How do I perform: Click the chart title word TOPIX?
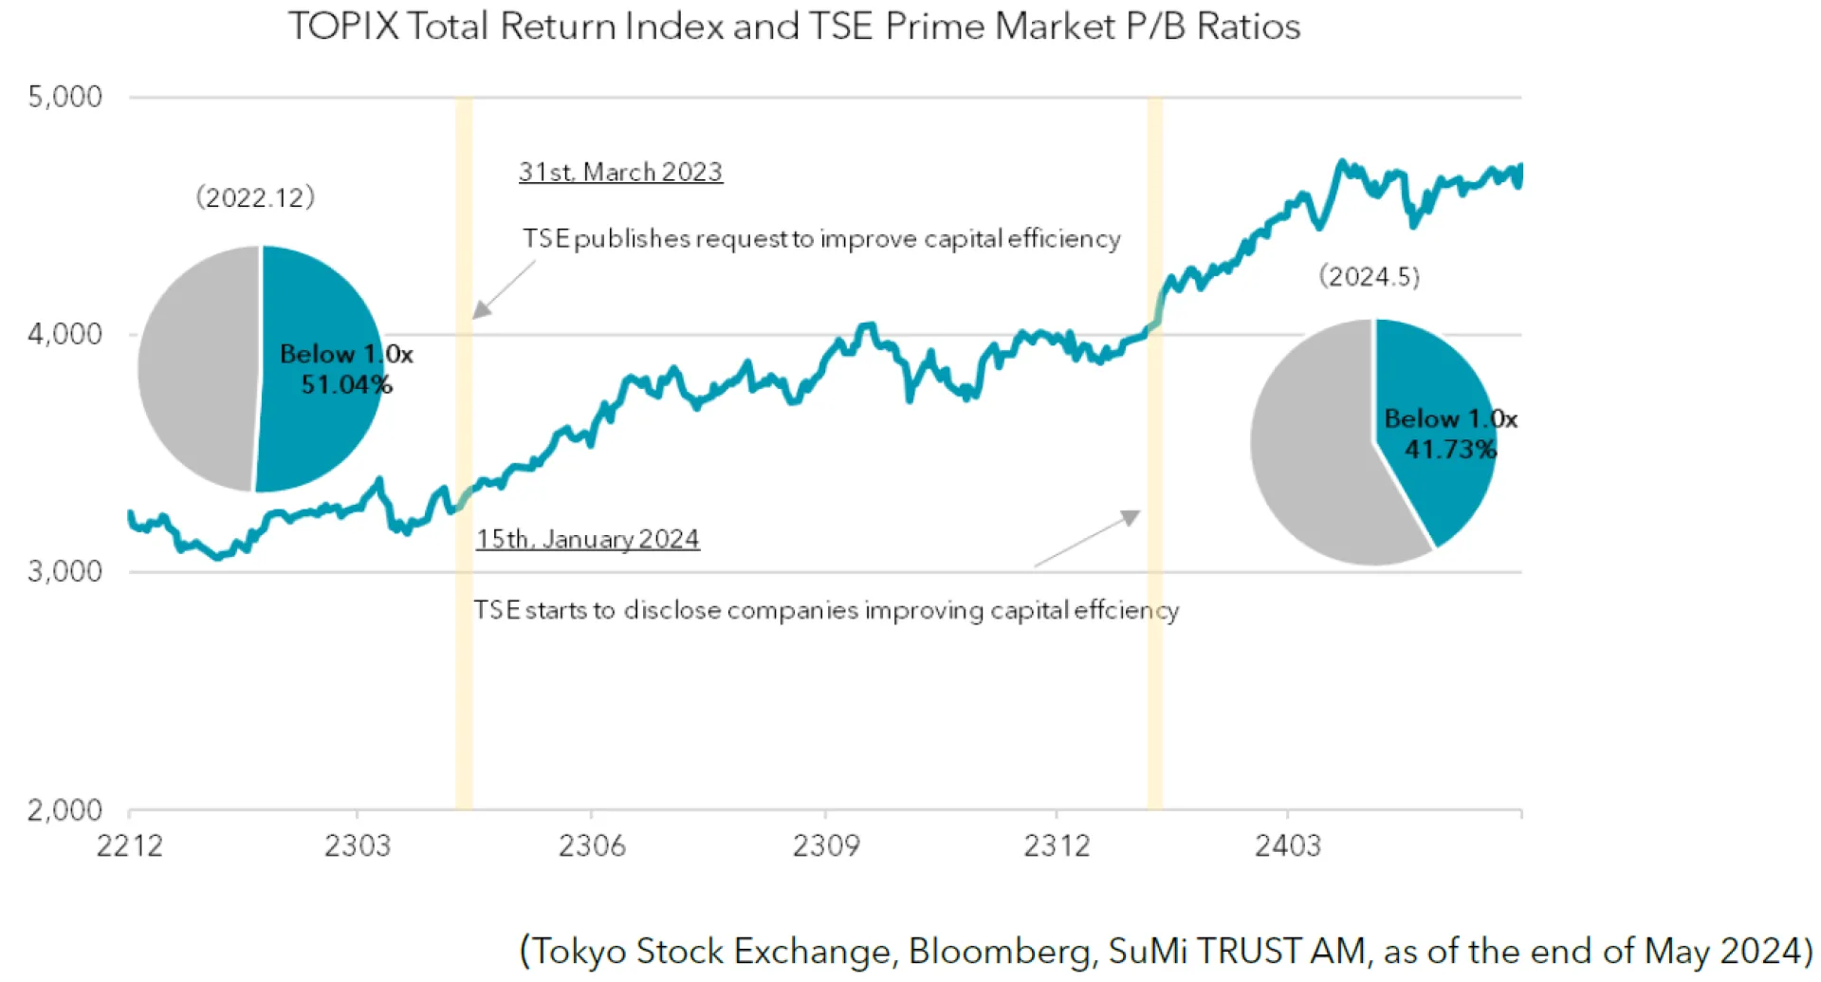[343, 27]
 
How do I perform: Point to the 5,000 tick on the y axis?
[64, 97]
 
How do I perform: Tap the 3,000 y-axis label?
[64, 571]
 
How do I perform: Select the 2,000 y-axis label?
[64, 810]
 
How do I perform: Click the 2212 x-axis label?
[129, 845]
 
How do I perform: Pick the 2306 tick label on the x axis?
[592, 845]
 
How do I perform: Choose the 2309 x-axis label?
[826, 845]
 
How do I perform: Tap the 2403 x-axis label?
[1287, 845]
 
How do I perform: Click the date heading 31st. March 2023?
[620, 172]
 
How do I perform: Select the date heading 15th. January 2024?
[587, 539]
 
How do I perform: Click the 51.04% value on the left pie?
[346, 384]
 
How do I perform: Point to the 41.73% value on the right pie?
[1450, 449]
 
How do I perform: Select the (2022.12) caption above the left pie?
[255, 197]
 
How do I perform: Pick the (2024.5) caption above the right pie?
[1369, 276]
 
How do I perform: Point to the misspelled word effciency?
[1127, 610]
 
